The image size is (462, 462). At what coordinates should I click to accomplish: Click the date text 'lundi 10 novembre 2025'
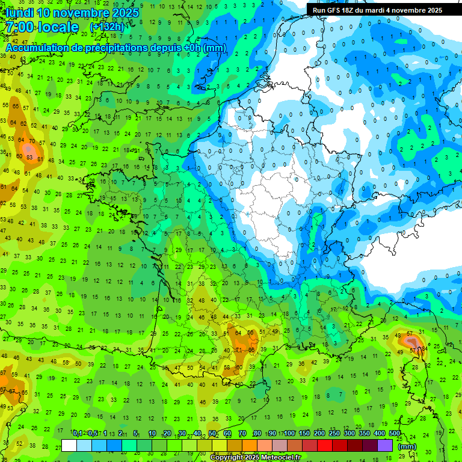(x=72, y=13)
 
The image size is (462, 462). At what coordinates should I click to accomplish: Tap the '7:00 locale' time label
(x=42, y=27)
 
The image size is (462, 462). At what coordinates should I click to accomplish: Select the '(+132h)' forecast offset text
(x=106, y=27)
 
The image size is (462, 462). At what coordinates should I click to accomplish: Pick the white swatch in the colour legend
(x=69, y=446)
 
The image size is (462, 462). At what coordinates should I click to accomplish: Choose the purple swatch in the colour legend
(x=386, y=446)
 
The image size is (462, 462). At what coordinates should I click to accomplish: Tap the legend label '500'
(x=395, y=434)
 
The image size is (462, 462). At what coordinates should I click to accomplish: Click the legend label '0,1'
(x=78, y=434)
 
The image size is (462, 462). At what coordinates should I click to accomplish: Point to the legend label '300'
(x=349, y=434)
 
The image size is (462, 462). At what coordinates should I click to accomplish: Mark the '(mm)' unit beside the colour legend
(x=407, y=446)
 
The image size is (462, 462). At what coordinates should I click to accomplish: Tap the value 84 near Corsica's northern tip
(x=424, y=348)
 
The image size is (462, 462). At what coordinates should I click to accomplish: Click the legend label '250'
(x=334, y=434)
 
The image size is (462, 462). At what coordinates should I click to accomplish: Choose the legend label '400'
(x=380, y=434)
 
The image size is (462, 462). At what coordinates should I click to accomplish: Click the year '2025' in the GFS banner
(x=431, y=10)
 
